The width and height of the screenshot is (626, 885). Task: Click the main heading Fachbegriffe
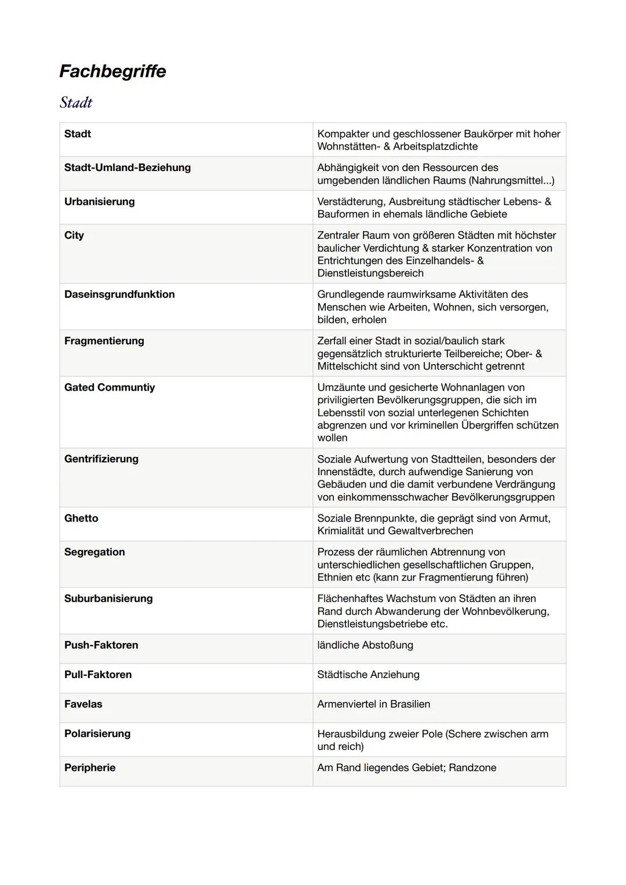click(x=112, y=71)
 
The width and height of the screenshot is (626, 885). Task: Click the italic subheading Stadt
click(x=76, y=103)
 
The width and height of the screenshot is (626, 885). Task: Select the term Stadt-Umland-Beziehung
click(x=127, y=167)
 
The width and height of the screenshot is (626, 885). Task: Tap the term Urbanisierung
click(x=99, y=202)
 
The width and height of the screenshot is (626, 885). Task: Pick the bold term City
click(x=74, y=235)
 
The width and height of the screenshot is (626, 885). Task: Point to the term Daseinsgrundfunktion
click(x=119, y=294)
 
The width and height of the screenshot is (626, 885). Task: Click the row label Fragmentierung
click(x=104, y=341)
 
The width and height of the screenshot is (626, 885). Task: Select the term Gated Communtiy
click(x=109, y=387)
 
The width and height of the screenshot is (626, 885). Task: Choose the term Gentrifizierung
click(x=101, y=459)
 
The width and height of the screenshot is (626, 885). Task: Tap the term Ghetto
click(x=81, y=518)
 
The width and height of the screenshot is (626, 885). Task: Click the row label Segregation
click(x=94, y=552)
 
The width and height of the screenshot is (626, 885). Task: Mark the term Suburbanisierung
click(x=108, y=598)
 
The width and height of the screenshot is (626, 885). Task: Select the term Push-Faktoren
click(x=101, y=645)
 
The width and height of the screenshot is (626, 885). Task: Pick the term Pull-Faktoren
click(x=97, y=675)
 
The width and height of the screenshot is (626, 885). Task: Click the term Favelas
click(x=83, y=704)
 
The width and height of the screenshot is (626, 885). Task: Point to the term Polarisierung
click(x=97, y=734)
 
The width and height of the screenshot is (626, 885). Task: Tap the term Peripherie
click(x=89, y=768)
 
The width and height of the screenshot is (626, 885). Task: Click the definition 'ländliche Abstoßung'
click(x=365, y=645)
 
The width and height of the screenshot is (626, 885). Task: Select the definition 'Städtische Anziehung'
click(x=368, y=675)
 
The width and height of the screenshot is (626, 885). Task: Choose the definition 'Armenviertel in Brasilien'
click(x=373, y=704)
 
